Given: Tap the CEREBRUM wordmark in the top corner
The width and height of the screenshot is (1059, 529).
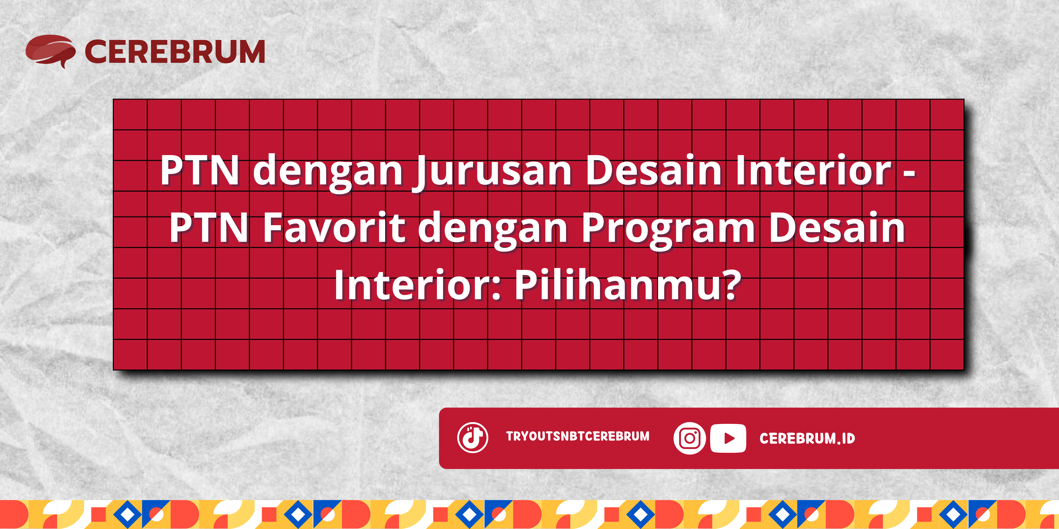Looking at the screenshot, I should (175, 52).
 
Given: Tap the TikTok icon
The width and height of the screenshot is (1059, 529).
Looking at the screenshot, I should (473, 437).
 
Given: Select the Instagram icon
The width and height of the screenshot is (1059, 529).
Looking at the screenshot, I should (689, 438).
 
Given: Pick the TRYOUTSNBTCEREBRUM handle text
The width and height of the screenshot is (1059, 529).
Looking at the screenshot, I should (578, 436).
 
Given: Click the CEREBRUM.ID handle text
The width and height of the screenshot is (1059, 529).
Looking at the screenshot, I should (807, 439).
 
